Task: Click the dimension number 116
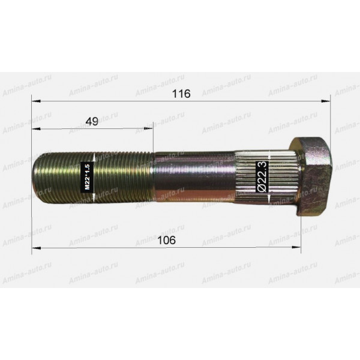(x=181, y=94)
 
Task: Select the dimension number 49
(x=92, y=121)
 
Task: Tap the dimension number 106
(x=166, y=241)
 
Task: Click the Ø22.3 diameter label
(x=262, y=176)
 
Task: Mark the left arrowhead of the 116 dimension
(x=36, y=101)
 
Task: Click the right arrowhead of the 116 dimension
(x=326, y=101)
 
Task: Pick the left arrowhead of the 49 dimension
(x=36, y=129)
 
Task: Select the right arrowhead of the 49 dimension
(x=148, y=128)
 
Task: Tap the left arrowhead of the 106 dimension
(x=36, y=248)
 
